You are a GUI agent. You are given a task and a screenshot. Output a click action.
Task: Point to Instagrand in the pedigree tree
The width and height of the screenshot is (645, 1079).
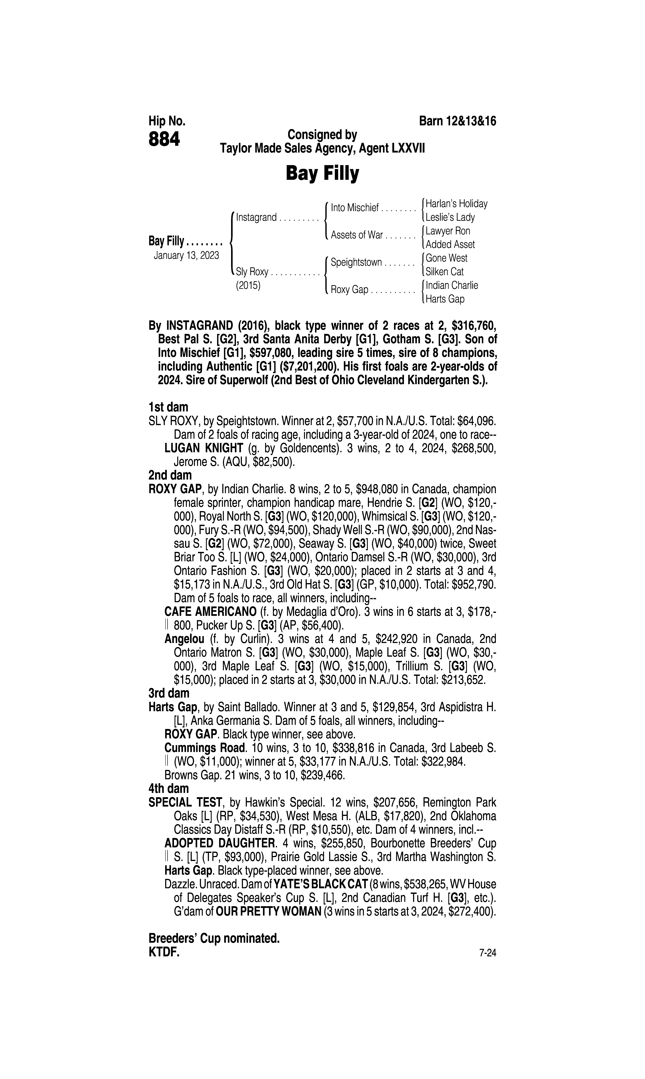click(256, 217)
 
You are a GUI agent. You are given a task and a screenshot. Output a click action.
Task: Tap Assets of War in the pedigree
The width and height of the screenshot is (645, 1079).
click(356, 235)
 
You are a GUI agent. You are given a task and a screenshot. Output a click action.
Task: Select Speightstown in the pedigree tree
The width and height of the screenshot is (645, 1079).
click(356, 263)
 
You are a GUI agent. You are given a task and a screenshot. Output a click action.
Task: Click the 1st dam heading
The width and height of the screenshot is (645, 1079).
click(168, 407)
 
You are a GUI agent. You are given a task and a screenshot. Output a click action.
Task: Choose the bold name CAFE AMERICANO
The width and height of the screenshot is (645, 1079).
click(210, 612)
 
